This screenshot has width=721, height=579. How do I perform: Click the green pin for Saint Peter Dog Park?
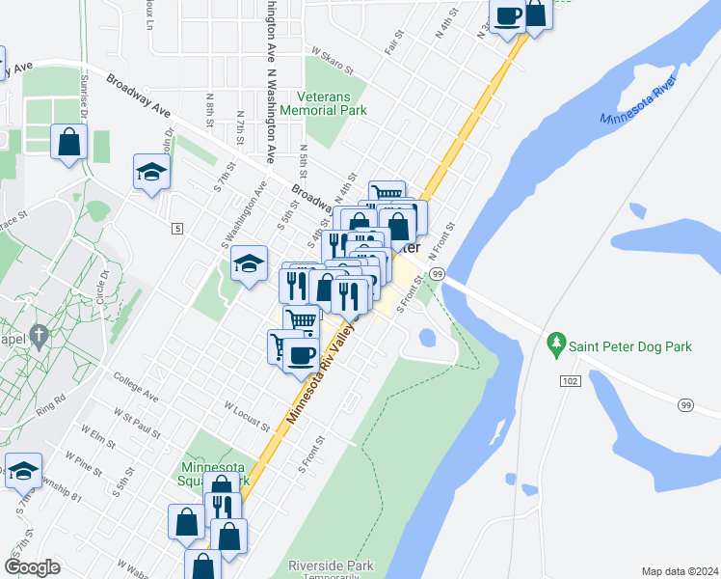pos(555,343)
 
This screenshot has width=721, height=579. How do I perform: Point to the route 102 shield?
pos(570,382)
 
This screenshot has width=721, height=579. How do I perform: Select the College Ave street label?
pos(136,384)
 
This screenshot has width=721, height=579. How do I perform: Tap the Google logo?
pos(32,567)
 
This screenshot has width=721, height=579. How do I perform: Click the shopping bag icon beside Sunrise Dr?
pos(69,143)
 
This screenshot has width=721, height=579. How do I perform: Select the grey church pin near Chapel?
pos(39,335)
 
